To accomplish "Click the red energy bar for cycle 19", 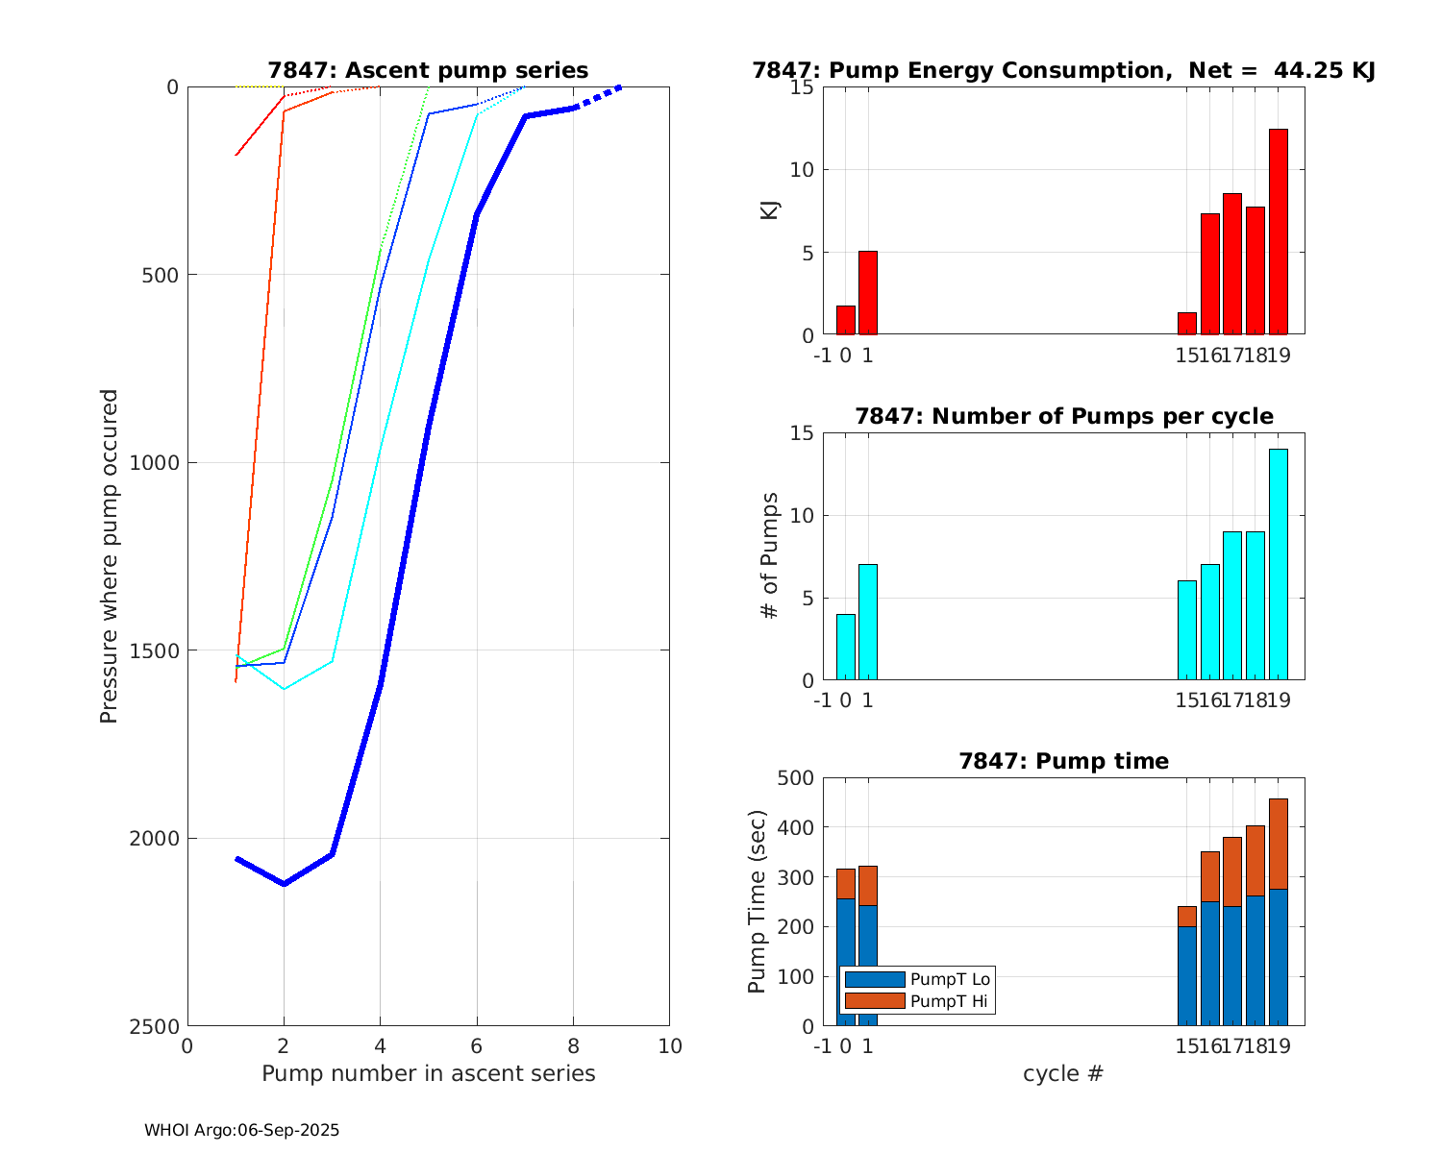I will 1278,232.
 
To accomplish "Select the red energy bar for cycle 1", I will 867,293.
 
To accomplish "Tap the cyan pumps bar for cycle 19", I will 1278,565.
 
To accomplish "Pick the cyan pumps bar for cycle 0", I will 845,647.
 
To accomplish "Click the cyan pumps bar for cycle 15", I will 1186,630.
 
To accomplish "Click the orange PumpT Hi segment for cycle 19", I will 1278,844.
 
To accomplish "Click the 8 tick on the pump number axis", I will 573,1046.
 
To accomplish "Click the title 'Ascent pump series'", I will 428,70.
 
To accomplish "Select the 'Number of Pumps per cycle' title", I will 1063,416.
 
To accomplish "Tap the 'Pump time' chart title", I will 1063,761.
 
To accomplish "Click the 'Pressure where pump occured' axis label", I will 110,555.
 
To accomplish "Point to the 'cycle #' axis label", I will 1063,1073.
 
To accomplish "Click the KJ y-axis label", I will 769,209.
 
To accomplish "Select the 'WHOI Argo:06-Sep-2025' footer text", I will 242,1131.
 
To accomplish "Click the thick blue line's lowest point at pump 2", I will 284,883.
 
